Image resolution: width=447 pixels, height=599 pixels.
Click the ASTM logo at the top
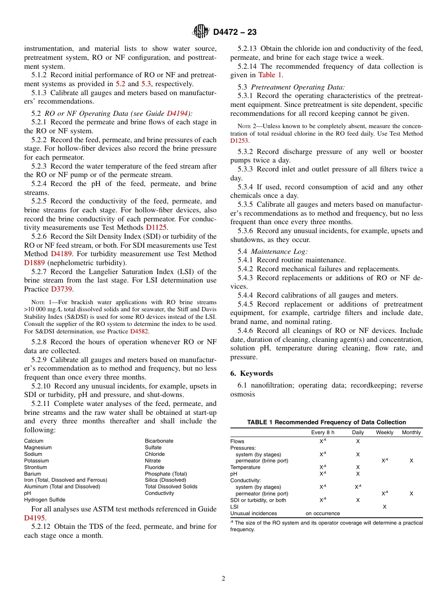point(200,32)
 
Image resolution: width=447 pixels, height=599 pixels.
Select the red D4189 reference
point(62,254)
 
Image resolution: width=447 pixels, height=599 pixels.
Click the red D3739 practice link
point(62,289)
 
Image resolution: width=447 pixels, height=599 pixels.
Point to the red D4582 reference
point(140,332)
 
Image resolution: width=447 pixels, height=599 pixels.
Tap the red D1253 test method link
point(239,141)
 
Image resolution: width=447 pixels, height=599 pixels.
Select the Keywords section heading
point(252,373)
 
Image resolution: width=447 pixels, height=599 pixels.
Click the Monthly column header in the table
point(411,432)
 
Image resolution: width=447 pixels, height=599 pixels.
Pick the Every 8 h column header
point(323,432)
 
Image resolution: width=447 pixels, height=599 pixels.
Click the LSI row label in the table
point(234,507)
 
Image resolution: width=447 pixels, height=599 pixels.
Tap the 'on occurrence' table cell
point(323,513)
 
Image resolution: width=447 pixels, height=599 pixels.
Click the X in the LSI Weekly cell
point(384,507)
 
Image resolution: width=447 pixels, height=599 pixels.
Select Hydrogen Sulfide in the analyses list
point(45,500)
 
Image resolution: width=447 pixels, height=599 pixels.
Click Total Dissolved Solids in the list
point(171,486)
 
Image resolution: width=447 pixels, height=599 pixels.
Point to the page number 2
point(223,579)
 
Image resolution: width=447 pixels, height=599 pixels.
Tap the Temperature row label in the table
point(245,467)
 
